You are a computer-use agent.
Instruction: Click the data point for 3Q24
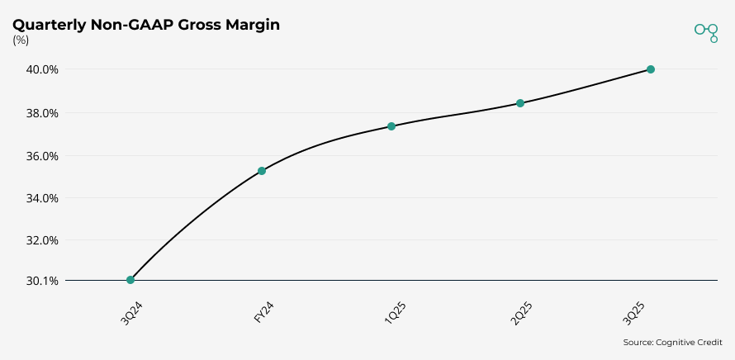click(x=130, y=280)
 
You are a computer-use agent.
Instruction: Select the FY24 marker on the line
click(x=262, y=171)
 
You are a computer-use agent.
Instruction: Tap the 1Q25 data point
click(x=391, y=126)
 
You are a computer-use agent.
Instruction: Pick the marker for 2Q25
click(x=520, y=103)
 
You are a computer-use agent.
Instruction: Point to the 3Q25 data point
click(x=651, y=69)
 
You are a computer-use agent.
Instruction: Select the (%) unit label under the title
click(x=21, y=40)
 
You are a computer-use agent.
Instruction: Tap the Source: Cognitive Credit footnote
click(x=672, y=342)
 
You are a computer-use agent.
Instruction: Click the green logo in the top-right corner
click(x=707, y=31)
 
